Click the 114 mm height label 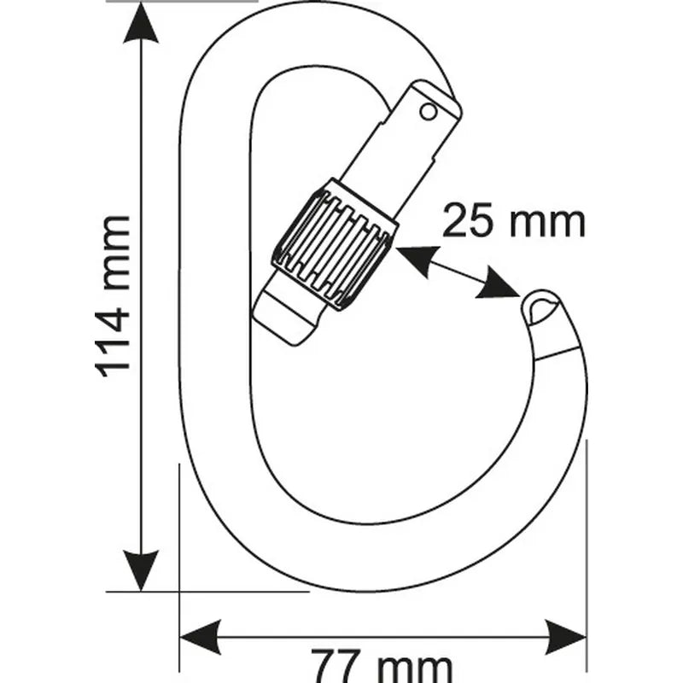(x=114, y=295)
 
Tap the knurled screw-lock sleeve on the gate (x=334, y=244)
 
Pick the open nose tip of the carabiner (x=542, y=307)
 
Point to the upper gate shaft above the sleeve (x=401, y=154)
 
